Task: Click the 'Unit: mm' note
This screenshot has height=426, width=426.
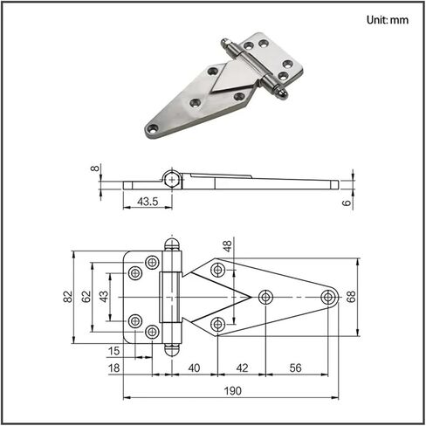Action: [x=388, y=20]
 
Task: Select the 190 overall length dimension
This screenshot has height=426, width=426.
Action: [x=233, y=391]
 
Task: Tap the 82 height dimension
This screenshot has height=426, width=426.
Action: [x=68, y=297]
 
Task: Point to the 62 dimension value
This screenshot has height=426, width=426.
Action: [x=86, y=297]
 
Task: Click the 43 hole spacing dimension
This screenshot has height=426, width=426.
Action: [x=104, y=297]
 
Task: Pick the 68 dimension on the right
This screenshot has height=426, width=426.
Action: [x=351, y=297]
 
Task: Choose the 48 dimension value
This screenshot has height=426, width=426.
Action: [x=228, y=246]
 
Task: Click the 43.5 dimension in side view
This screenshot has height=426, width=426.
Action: [x=148, y=202]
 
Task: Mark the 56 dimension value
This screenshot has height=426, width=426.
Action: [x=295, y=368]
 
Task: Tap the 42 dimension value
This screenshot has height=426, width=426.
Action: [x=242, y=368]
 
